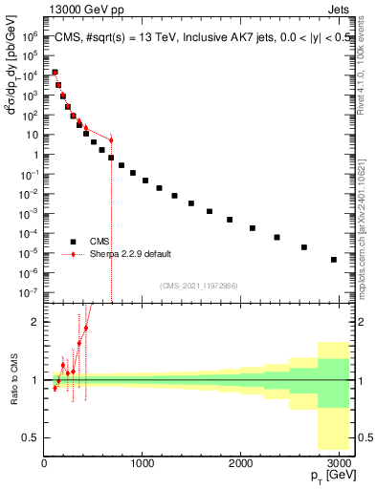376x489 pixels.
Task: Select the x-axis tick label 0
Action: [x=44, y=463]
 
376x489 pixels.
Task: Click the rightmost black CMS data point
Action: [x=333, y=259]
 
